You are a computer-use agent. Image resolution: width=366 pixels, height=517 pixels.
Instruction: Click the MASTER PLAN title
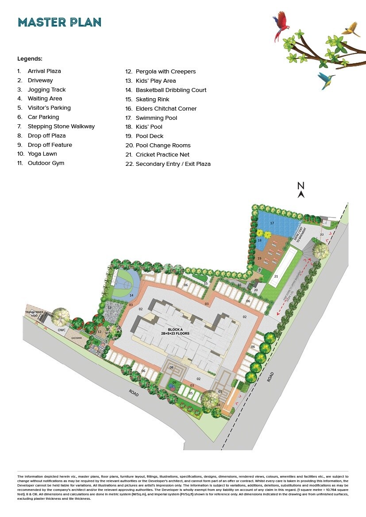click(59, 22)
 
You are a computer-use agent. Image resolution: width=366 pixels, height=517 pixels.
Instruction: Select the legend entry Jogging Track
click(46, 89)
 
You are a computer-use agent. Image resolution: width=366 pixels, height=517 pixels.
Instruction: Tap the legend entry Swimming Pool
click(156, 118)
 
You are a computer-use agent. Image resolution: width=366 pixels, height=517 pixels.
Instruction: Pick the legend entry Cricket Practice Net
click(162, 154)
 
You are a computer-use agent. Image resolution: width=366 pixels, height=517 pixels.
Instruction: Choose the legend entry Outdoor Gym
click(46, 163)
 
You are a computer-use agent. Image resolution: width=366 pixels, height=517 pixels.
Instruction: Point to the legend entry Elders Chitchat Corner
click(166, 108)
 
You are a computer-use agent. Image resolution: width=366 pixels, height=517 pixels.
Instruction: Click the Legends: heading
click(30, 58)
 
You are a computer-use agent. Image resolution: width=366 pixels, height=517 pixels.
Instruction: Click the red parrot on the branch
click(280, 25)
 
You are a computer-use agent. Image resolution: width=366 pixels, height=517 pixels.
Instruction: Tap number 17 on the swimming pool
click(272, 223)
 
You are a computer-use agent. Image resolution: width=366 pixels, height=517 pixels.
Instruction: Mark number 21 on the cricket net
click(275, 276)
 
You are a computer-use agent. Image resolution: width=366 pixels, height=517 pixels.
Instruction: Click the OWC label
click(61, 330)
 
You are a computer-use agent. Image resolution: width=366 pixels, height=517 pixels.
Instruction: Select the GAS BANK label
click(76, 338)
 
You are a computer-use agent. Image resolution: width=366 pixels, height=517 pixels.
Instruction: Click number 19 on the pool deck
click(259, 258)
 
